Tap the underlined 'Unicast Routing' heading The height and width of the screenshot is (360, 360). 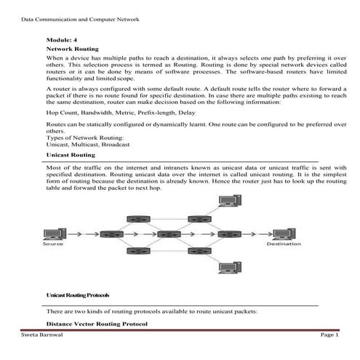click(x=71, y=155)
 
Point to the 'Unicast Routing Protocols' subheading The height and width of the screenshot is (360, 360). click(x=79, y=295)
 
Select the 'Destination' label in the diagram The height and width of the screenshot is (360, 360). click(x=284, y=244)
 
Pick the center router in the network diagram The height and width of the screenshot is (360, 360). click(x=167, y=234)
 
